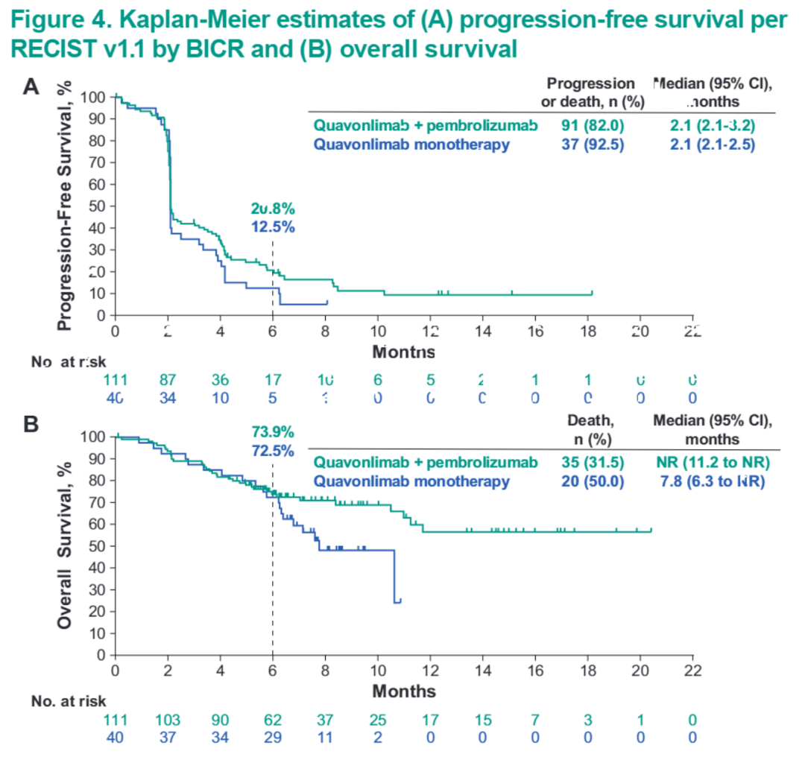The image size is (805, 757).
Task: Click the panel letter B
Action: click(31, 424)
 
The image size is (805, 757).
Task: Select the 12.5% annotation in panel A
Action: click(273, 227)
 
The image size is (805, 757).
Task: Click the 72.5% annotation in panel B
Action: click(273, 451)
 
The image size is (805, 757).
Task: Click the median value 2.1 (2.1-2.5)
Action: click(713, 145)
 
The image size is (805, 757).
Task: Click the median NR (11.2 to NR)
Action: click(713, 463)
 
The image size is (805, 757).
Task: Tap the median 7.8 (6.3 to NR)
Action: click(713, 481)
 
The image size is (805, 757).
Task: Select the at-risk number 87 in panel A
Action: click(168, 380)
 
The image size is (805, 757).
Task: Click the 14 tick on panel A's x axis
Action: click(482, 330)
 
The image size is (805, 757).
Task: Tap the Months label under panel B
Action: click(404, 691)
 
